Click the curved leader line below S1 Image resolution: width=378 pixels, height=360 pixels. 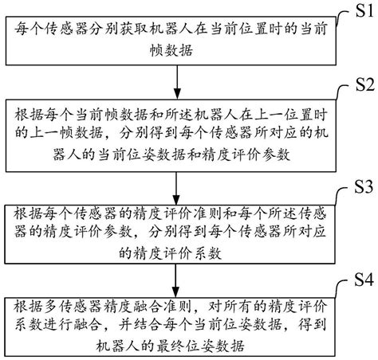pos(345,21)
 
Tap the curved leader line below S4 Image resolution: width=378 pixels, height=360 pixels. pos(345,292)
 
